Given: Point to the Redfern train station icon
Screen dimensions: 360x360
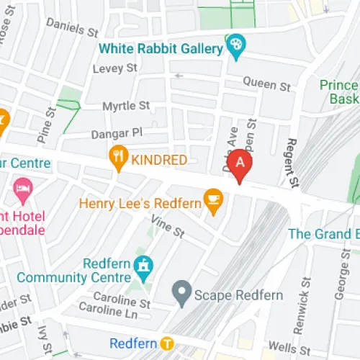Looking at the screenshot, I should point(166,342).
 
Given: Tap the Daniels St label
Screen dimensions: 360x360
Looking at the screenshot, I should point(72,27).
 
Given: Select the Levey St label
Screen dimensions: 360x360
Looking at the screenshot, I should point(115,68).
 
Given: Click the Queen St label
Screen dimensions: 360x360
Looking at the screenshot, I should point(266,84).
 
